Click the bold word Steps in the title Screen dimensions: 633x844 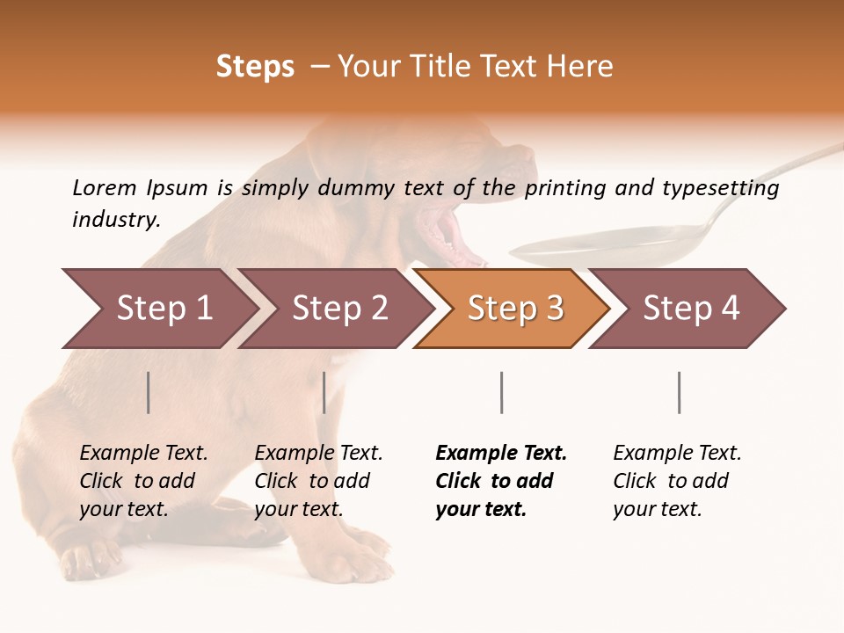coord(255,67)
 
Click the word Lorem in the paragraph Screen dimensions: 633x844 coord(104,187)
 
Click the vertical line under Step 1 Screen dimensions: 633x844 coord(149,392)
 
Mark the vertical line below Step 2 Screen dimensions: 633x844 coord(324,392)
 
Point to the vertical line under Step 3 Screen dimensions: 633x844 coord(501,392)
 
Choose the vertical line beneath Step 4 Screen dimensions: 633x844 coord(679,392)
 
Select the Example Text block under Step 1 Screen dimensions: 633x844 coord(143,481)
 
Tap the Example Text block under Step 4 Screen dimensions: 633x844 coord(677,481)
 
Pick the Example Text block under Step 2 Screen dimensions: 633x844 coord(318,481)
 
